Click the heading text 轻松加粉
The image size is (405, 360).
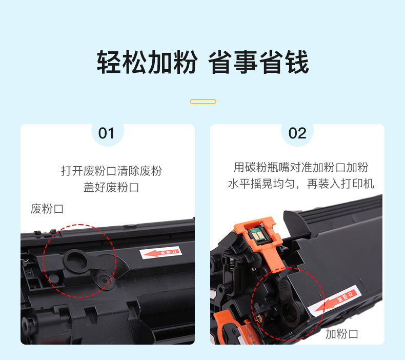click(x=147, y=63)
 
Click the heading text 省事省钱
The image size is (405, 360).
click(x=258, y=63)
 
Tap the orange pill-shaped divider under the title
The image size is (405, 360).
click(x=203, y=102)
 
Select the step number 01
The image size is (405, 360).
click(x=106, y=133)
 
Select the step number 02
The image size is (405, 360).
click(x=297, y=133)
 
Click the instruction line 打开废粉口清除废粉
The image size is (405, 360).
click(x=111, y=171)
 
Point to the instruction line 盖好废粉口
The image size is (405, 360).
click(x=111, y=187)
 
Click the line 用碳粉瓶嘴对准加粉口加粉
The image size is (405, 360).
click(x=301, y=168)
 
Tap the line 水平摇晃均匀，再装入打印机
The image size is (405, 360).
click(x=301, y=184)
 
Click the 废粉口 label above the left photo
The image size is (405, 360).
click(x=47, y=209)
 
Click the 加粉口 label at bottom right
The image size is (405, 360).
click(x=341, y=334)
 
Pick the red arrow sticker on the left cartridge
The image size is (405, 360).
click(x=160, y=253)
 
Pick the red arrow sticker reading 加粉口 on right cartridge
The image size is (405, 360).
click(x=335, y=301)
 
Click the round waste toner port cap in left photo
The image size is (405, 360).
click(x=75, y=261)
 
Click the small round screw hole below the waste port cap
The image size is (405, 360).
click(x=104, y=281)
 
